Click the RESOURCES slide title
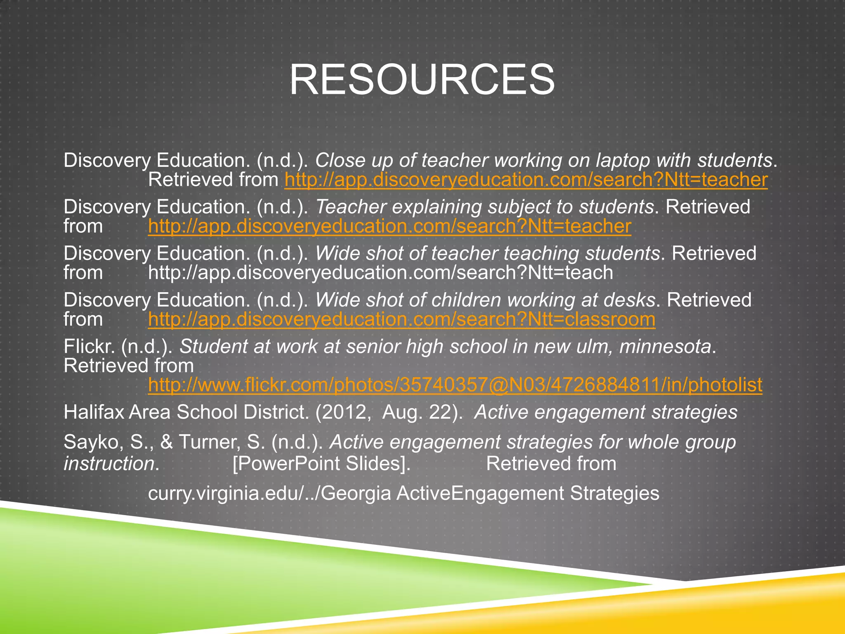(x=422, y=80)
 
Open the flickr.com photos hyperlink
(x=455, y=385)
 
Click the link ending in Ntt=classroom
(x=401, y=319)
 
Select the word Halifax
(x=94, y=412)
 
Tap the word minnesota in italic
(x=665, y=347)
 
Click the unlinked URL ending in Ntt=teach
(x=380, y=273)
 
